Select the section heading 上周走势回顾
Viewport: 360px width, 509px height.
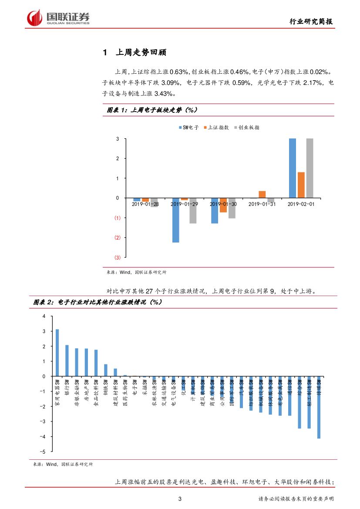click(141, 53)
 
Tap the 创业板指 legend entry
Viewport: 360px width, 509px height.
click(247, 128)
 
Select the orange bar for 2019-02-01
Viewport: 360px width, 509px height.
click(301, 185)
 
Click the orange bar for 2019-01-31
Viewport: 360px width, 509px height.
click(262, 194)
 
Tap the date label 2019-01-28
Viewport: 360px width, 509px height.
click(145, 204)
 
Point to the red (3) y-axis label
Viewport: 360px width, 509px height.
click(117, 257)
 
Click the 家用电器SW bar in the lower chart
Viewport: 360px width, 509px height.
click(57, 353)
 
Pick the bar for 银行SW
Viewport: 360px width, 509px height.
click(67, 361)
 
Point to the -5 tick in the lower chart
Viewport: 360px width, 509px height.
click(43, 451)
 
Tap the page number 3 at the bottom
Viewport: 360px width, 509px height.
click(180, 499)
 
